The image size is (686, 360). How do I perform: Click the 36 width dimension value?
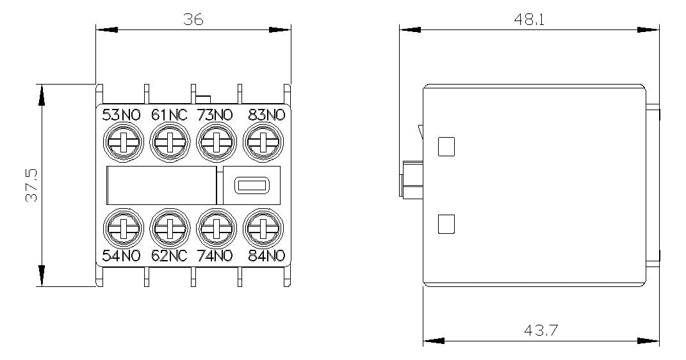[x=193, y=19]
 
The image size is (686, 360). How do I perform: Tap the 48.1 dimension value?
[x=528, y=20]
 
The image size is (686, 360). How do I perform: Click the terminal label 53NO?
[x=121, y=115]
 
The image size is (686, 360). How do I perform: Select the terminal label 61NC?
[x=169, y=115]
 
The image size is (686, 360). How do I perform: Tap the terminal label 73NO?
[x=215, y=115]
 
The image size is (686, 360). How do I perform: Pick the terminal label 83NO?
[x=266, y=115]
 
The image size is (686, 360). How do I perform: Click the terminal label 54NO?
[x=121, y=256]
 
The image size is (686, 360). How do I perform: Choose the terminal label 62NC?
[x=169, y=256]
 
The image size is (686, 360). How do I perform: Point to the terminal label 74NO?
[x=215, y=256]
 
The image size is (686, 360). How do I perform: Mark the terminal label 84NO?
[x=266, y=256]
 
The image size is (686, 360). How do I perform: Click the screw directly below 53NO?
[x=124, y=142]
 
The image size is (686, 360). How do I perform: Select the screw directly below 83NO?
[x=263, y=142]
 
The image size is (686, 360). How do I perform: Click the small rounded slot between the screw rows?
[x=251, y=186]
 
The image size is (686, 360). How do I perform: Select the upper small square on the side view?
[x=446, y=147]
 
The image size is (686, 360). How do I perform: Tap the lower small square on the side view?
[x=446, y=224]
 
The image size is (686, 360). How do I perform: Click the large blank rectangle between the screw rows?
[x=161, y=185]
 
